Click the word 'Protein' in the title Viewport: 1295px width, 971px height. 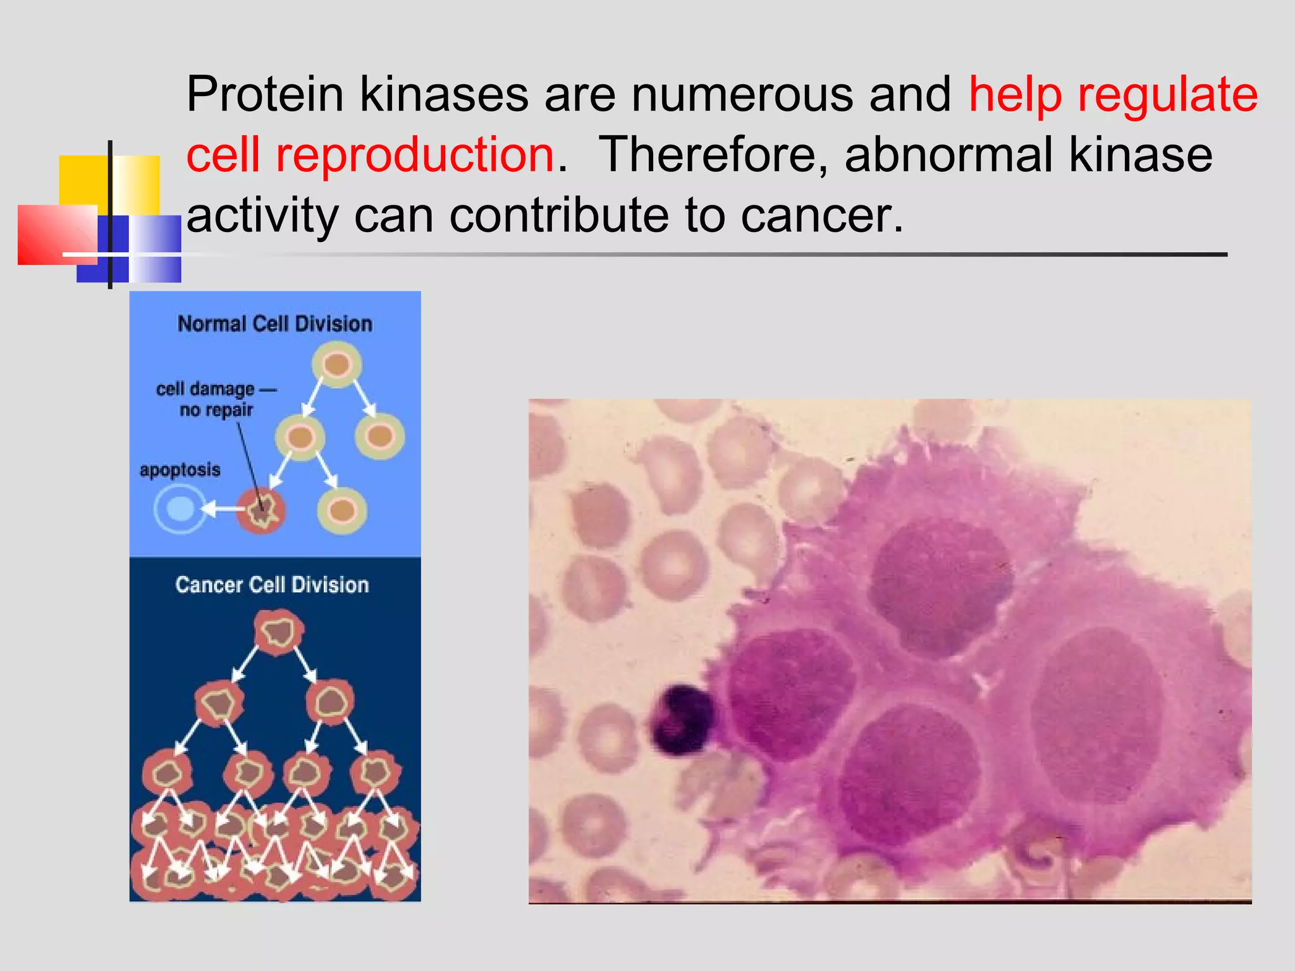264,95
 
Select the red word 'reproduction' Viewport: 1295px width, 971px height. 414,155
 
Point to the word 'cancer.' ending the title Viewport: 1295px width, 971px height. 822,216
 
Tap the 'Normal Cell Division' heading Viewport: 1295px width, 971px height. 274,324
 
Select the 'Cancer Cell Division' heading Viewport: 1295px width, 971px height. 272,585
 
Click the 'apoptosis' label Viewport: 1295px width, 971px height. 180,470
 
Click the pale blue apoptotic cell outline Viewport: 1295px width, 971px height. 180,509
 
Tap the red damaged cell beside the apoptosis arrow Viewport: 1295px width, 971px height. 261,510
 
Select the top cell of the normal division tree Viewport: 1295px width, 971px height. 337,365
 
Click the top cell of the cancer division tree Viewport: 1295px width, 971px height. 278,632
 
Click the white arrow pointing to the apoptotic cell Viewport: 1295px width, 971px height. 218,508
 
